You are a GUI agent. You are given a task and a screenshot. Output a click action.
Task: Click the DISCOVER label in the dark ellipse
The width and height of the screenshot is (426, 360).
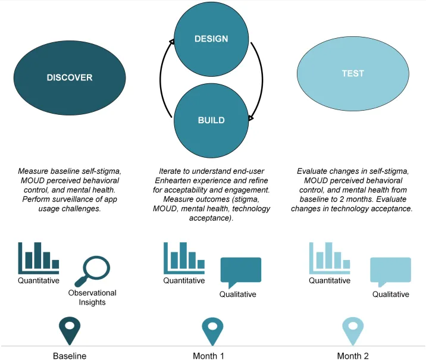pos(70,78)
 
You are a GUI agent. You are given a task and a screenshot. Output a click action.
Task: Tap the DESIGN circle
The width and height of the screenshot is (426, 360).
pos(211,39)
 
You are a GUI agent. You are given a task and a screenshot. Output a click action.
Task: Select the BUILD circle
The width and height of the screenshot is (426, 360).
pos(211,120)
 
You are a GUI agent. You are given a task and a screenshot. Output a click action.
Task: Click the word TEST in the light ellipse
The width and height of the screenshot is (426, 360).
pos(353,73)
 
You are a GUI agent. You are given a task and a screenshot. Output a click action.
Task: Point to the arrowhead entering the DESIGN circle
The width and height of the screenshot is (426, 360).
pos(172,41)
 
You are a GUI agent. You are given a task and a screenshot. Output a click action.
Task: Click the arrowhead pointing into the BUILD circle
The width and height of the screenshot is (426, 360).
pos(250,118)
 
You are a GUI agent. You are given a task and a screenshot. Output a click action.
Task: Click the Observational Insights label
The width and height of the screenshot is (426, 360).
pos(92,298)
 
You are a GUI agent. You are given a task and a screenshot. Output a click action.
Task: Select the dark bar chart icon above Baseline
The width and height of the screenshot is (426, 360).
pos(39,258)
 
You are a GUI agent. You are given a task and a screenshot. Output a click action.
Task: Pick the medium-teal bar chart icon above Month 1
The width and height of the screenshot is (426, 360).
pos(184,258)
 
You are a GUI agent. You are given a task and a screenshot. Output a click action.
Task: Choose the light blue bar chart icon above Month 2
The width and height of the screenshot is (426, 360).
pos(330,258)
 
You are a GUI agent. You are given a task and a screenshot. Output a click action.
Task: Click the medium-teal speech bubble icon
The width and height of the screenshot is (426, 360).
pos(241,273)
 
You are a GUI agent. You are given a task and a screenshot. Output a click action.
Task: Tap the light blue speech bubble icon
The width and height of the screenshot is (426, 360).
pos(391,272)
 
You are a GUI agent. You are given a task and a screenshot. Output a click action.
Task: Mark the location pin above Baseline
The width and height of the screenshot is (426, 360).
pos(70,330)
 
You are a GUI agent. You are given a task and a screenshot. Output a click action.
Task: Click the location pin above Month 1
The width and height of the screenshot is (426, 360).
pos(212,331)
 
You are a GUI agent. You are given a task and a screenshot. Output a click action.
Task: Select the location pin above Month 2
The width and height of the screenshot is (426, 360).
pos(353,331)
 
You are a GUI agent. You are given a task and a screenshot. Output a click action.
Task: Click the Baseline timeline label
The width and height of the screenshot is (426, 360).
pos(70,356)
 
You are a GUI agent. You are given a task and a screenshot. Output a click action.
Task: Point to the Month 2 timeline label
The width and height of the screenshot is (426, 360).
pos(353,356)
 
